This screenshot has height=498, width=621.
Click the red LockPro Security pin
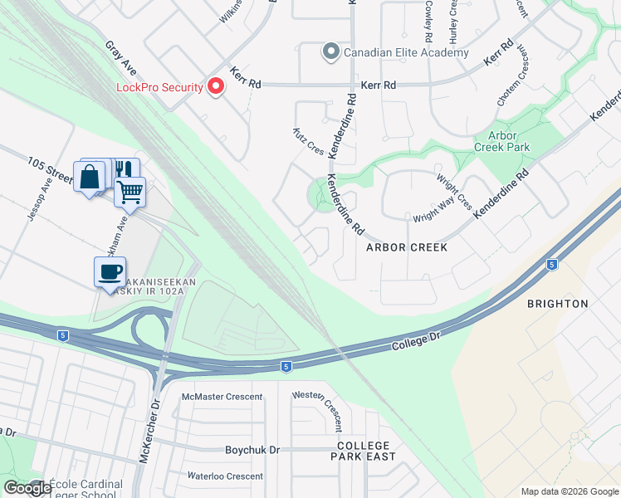216,86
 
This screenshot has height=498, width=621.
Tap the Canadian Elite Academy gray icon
330,52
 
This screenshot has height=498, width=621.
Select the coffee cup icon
110,271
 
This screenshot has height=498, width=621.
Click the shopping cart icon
130,192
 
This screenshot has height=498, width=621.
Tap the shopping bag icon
89,175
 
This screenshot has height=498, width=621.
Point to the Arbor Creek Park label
501,141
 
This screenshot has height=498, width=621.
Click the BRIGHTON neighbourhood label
557,304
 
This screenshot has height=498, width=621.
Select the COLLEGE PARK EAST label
365,451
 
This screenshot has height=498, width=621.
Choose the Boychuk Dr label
253,450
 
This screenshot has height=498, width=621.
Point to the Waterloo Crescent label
224,476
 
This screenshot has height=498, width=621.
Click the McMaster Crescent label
222,397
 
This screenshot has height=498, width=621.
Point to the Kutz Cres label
308,140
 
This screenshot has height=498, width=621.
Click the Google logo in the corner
27,488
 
